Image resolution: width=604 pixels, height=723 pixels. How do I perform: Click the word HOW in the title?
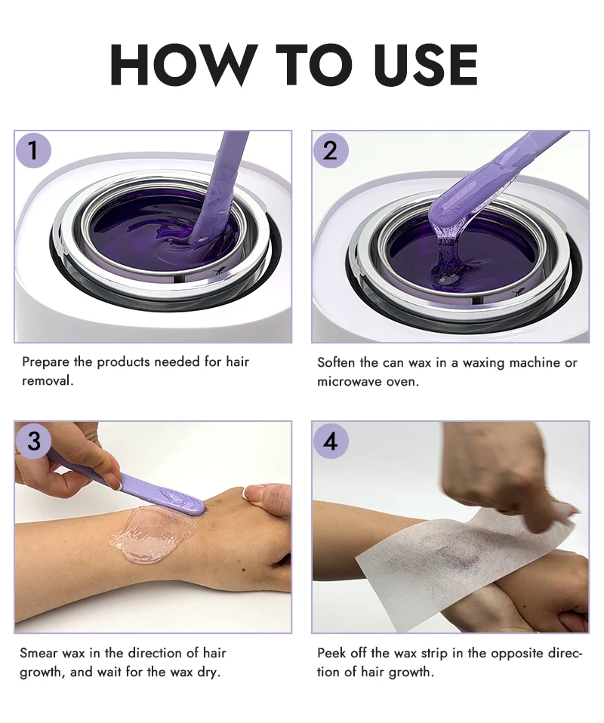click(184, 65)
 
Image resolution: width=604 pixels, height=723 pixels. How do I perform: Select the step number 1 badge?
click(33, 150)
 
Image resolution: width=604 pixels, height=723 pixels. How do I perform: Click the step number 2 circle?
click(329, 150)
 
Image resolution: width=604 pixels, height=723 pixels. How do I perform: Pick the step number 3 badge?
click(33, 441)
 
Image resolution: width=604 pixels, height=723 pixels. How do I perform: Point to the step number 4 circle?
click(329, 441)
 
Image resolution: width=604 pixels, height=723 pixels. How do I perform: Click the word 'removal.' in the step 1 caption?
click(48, 381)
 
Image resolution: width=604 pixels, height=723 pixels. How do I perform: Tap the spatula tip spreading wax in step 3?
click(199, 509)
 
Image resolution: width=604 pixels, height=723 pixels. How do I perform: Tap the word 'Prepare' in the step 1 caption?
click(45, 362)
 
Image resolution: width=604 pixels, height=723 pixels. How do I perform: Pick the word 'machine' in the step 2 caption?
click(535, 362)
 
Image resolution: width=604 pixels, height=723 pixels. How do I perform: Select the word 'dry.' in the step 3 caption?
click(208, 672)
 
